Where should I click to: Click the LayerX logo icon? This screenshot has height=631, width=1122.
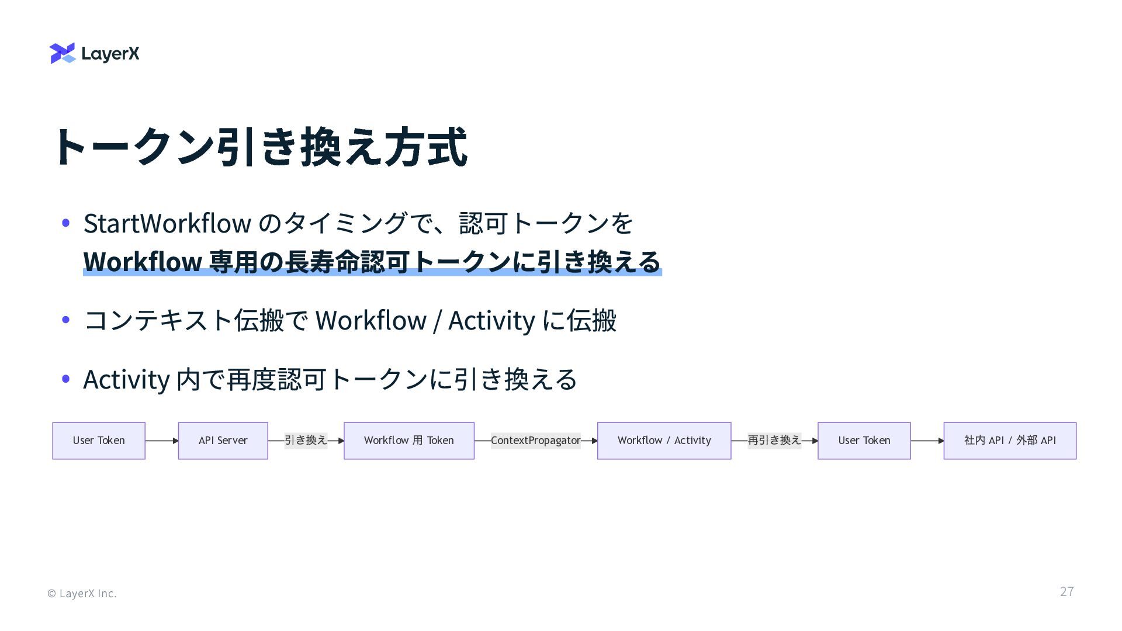(63, 53)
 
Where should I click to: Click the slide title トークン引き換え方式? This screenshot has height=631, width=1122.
(260, 147)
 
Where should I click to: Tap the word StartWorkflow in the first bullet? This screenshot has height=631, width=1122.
(167, 223)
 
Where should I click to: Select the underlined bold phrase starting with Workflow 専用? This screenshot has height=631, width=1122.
(372, 262)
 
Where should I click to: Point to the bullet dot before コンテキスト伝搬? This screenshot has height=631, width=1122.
(66, 320)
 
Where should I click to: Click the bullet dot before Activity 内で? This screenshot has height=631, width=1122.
(66, 379)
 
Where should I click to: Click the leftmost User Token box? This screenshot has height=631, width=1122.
(99, 441)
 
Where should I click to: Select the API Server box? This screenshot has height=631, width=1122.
(223, 441)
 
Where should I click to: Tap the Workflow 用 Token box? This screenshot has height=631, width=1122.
(408, 441)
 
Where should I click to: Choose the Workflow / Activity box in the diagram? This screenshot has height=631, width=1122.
(664, 441)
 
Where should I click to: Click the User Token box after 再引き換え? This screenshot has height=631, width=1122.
(864, 441)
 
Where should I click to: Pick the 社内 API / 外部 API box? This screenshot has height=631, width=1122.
(1009, 441)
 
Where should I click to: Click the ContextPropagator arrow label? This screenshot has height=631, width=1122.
(535, 441)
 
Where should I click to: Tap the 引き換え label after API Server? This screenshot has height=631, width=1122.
(306, 441)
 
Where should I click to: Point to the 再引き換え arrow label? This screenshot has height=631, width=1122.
(774, 441)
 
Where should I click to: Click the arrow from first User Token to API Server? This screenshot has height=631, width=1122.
(162, 441)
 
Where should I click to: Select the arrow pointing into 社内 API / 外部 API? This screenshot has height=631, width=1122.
(927, 441)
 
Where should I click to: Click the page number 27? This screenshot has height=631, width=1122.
(1066, 591)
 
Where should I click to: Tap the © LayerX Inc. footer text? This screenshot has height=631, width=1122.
(82, 594)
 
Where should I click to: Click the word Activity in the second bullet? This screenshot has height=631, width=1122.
(491, 320)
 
